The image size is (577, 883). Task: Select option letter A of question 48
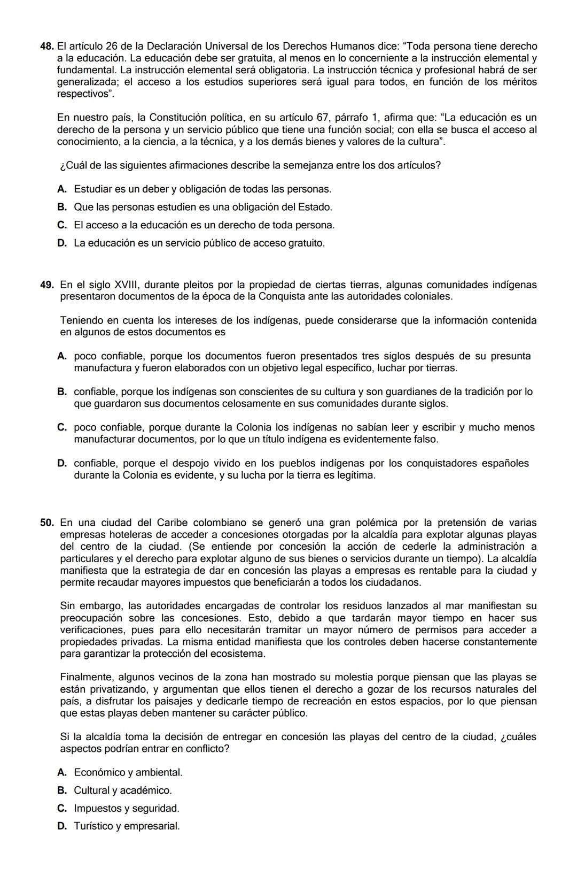coord(62,189)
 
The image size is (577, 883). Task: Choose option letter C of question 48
coord(62,225)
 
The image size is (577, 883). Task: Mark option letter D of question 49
coord(62,463)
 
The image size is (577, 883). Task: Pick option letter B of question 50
coord(62,790)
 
